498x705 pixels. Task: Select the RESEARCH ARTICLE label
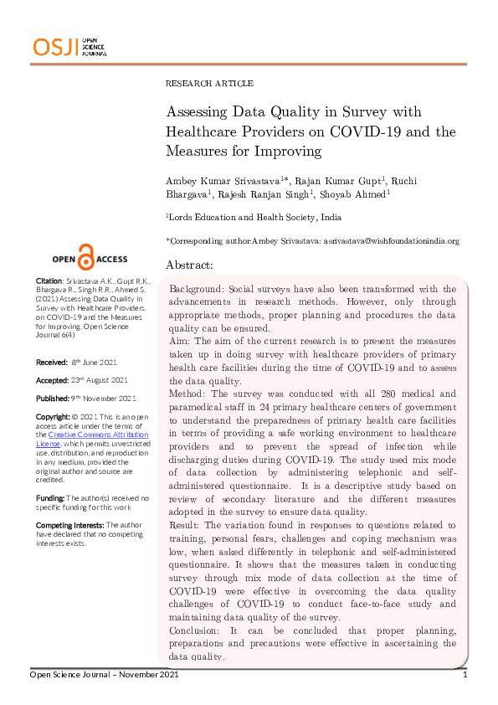[209, 84]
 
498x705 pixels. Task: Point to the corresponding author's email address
[390, 241]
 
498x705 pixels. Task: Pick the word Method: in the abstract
[187, 394]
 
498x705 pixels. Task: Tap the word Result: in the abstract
[186, 527]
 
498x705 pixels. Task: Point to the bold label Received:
[52, 362]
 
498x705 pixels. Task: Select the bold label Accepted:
[53, 380]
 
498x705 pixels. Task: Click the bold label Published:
[54, 398]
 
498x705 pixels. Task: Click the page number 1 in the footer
[465, 674]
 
